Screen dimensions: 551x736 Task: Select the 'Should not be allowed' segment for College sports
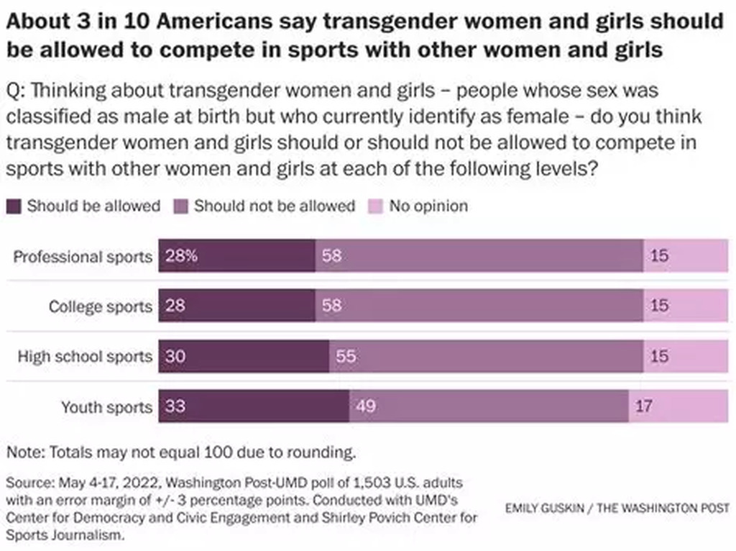(x=479, y=306)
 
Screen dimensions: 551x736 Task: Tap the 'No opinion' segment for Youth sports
(x=678, y=406)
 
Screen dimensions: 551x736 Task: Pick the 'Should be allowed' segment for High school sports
(x=244, y=356)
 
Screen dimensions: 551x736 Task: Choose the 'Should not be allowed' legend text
(x=275, y=206)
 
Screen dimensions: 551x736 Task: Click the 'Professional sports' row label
(x=83, y=257)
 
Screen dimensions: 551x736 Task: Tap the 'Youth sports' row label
(x=106, y=407)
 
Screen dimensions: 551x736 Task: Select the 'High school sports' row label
(x=85, y=356)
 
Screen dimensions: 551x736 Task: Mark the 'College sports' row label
(x=101, y=307)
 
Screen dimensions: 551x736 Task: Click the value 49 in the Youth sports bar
(x=366, y=406)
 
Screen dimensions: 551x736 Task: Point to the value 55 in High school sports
(x=346, y=356)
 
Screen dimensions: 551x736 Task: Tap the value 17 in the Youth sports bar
(x=644, y=406)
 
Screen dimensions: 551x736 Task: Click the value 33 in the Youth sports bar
(x=175, y=406)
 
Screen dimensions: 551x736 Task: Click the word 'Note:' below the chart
(x=26, y=453)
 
